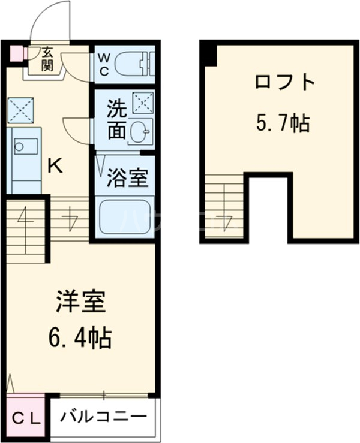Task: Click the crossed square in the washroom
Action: (x=143, y=103)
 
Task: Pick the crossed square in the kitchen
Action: (x=19, y=110)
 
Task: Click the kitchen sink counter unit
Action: (x=25, y=159)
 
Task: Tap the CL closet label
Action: (x=27, y=418)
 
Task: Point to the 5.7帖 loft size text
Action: (x=283, y=124)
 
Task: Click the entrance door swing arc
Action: (x=46, y=24)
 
